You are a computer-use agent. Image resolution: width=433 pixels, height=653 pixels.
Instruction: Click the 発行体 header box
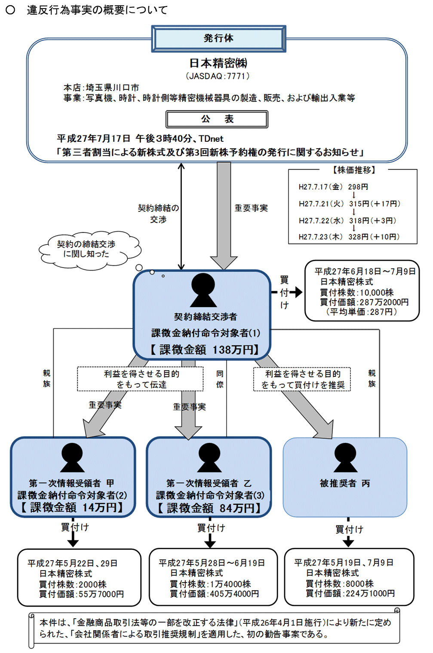point(218,39)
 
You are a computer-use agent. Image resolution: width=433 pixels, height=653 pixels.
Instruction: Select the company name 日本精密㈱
point(218,64)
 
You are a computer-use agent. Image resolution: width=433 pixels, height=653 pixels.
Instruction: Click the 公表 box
point(217,119)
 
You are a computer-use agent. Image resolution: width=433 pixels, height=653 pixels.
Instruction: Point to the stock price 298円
point(358,187)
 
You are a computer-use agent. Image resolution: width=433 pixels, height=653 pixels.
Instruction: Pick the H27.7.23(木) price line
point(349,237)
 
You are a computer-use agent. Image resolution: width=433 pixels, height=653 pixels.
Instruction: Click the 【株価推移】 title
point(354,170)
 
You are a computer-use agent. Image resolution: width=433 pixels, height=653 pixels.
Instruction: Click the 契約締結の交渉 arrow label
point(158,214)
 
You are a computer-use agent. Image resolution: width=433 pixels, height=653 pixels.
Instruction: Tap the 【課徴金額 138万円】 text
point(204,350)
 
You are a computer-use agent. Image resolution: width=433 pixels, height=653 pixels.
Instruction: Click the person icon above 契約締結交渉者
point(203,290)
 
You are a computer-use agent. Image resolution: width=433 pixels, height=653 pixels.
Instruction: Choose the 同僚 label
point(220,379)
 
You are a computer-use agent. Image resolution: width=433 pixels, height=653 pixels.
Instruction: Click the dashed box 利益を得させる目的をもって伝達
point(141,379)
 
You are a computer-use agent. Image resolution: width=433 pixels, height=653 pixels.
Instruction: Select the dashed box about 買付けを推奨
point(302,379)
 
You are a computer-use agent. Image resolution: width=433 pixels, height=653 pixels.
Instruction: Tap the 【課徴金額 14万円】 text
point(72,507)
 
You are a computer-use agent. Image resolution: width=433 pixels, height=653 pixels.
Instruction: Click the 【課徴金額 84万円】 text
point(209,508)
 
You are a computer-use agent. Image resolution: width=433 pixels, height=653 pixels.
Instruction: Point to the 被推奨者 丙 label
point(345,483)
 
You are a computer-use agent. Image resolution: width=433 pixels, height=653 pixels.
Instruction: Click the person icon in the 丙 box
point(345,458)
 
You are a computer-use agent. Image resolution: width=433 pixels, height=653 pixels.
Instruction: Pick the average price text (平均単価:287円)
point(362,312)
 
